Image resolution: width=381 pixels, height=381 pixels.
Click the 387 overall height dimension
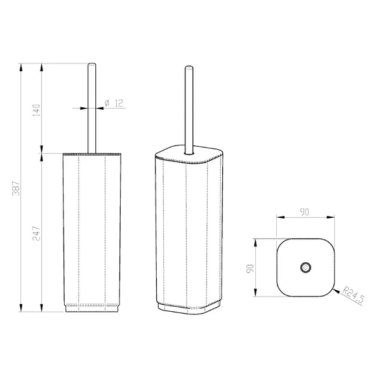tap(17, 188)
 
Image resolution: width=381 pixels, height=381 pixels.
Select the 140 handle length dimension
tap(36, 110)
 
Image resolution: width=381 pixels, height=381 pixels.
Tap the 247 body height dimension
tap(36, 233)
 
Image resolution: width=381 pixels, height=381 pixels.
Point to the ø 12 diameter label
tap(114, 103)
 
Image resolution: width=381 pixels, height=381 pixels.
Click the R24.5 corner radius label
tap(353, 295)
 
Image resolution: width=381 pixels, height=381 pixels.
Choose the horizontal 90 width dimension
tap(304, 212)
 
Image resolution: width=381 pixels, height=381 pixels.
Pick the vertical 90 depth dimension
tap(250, 269)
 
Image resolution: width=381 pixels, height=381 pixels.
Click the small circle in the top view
tap(305, 267)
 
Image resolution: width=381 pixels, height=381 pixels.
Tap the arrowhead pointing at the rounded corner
tap(337, 291)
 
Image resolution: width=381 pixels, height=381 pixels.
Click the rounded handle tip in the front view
tap(92, 65)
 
